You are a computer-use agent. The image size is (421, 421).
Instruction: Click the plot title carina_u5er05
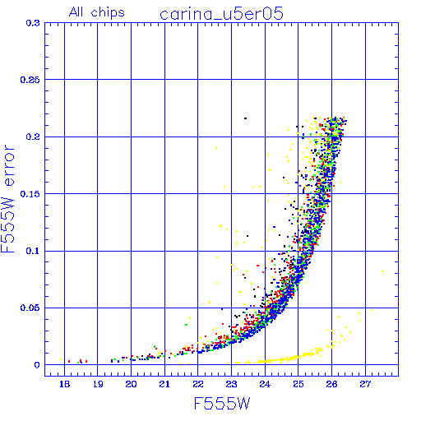coord(221,14)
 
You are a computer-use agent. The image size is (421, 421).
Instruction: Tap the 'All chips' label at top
coord(97,12)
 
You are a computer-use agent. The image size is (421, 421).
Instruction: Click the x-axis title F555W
coord(222,404)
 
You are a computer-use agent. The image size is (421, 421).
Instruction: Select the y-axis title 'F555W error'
coord(7,199)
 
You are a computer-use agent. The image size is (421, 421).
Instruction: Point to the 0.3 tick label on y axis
coord(33,23)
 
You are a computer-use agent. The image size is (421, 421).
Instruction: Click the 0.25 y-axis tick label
coord(30,80)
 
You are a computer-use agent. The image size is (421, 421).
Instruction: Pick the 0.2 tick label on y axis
coord(33,136)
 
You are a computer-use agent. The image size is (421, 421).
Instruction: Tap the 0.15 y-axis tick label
coord(30,194)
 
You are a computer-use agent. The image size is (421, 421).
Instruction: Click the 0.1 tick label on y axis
coord(33,251)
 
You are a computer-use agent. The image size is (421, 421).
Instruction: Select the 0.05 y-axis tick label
coord(30,308)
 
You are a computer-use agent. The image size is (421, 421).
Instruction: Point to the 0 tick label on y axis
coord(37,365)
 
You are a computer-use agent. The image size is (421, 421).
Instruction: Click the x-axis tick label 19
coord(98,384)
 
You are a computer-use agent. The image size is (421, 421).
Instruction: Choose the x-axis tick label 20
coord(131,384)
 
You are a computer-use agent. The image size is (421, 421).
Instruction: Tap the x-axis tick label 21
coord(164,384)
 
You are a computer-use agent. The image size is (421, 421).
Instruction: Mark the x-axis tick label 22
coord(198,384)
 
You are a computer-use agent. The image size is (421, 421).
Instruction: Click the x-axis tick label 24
coord(265,384)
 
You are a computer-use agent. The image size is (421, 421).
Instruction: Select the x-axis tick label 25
coord(298,384)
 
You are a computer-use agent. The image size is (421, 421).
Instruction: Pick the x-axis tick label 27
coord(365,384)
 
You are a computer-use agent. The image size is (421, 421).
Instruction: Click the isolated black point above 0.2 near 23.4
coord(245,118)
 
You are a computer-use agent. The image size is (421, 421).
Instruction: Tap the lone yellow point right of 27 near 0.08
coord(382,271)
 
